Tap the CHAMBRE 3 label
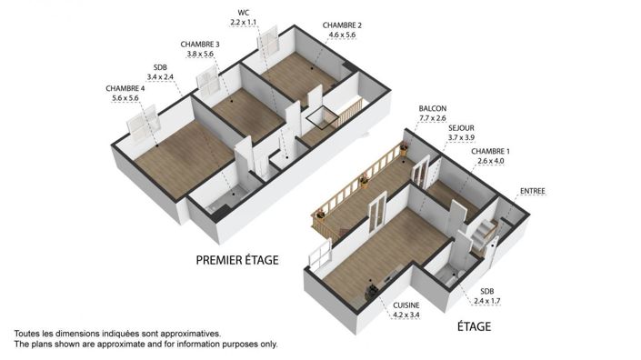pos(200,44)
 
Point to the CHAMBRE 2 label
pos(342,25)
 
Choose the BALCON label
pos(433,107)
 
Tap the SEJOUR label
pos(462,128)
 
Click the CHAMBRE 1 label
pos(491,151)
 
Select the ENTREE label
pos(533,191)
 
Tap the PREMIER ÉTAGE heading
pos(237,260)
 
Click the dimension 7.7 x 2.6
pos(433,117)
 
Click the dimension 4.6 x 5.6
pos(342,36)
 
